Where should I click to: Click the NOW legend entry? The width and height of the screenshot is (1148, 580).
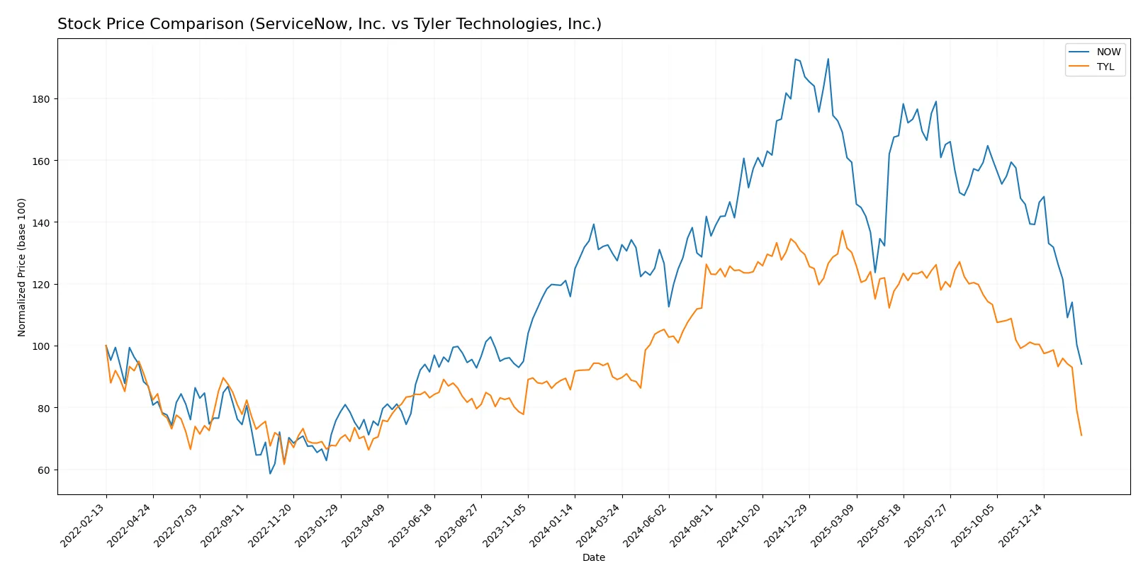coord(1108,52)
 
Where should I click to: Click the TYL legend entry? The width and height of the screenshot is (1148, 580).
coord(1105,67)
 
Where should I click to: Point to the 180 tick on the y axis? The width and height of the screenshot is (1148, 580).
coord(41,99)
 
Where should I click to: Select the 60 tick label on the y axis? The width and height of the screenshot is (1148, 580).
coord(43,470)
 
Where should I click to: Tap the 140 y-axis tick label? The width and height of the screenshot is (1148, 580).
coord(41,223)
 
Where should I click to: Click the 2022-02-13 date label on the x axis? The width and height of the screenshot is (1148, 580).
coord(84,525)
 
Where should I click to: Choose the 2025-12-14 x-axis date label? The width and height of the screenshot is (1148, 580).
coord(1021,525)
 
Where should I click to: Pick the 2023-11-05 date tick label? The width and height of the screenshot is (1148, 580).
coord(505,525)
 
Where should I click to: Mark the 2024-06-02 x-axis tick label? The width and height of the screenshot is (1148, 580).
coord(646,525)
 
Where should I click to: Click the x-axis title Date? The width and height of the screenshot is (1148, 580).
coord(593,557)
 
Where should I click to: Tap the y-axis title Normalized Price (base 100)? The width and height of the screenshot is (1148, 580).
coord(22,267)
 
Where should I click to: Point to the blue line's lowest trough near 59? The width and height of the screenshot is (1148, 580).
coord(270,473)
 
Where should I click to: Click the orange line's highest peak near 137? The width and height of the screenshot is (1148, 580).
coord(843,231)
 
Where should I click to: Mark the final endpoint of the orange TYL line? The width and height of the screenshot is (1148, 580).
coord(1081,435)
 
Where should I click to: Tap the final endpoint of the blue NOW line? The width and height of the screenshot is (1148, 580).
coord(1081,364)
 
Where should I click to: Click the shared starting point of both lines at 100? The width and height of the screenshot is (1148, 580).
coord(106,346)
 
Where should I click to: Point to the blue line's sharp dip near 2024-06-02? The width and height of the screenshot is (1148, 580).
coord(669,307)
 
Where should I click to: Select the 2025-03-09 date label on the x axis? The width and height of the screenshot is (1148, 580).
coord(833,525)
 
